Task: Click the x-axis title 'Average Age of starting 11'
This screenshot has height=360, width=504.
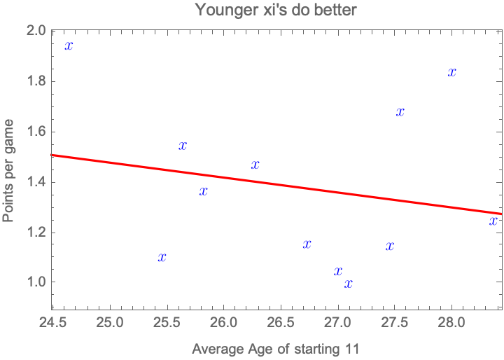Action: pos(275,348)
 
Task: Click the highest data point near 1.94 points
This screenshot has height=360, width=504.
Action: pos(69,46)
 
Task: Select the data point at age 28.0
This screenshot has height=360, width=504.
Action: pos(452,71)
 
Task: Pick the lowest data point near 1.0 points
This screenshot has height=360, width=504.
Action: pos(349,284)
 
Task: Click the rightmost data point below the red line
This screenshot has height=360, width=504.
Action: pos(493,221)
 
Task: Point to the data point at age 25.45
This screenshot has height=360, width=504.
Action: pos(162,257)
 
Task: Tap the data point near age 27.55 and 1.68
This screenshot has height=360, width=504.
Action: pos(400,112)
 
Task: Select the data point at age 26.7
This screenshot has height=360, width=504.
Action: pos(307,244)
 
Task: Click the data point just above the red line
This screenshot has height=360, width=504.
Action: pos(255,165)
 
